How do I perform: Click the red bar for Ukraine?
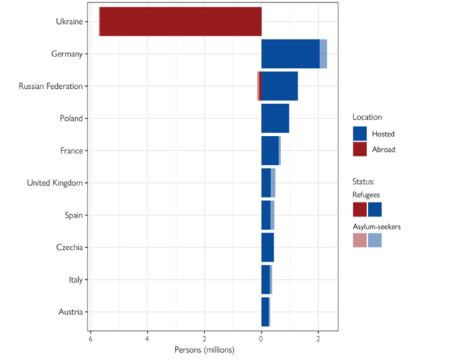(x=181, y=22)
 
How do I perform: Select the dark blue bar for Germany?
(x=290, y=54)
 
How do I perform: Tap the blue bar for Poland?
(x=275, y=119)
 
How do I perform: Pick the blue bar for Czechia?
(x=267, y=247)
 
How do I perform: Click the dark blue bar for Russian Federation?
(x=279, y=86)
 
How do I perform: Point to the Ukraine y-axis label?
(x=69, y=22)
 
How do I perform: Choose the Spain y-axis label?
(x=72, y=215)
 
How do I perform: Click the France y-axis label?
(x=70, y=150)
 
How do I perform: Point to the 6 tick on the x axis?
(x=90, y=339)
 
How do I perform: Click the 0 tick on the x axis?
(x=261, y=339)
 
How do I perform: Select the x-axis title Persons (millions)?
(x=204, y=350)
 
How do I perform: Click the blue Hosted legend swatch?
(x=360, y=134)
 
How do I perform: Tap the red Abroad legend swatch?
(x=360, y=149)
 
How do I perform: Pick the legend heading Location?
(x=367, y=116)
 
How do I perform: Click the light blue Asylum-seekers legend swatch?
(x=374, y=241)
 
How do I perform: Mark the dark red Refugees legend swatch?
(x=359, y=209)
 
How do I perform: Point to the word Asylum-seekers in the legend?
(x=377, y=226)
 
